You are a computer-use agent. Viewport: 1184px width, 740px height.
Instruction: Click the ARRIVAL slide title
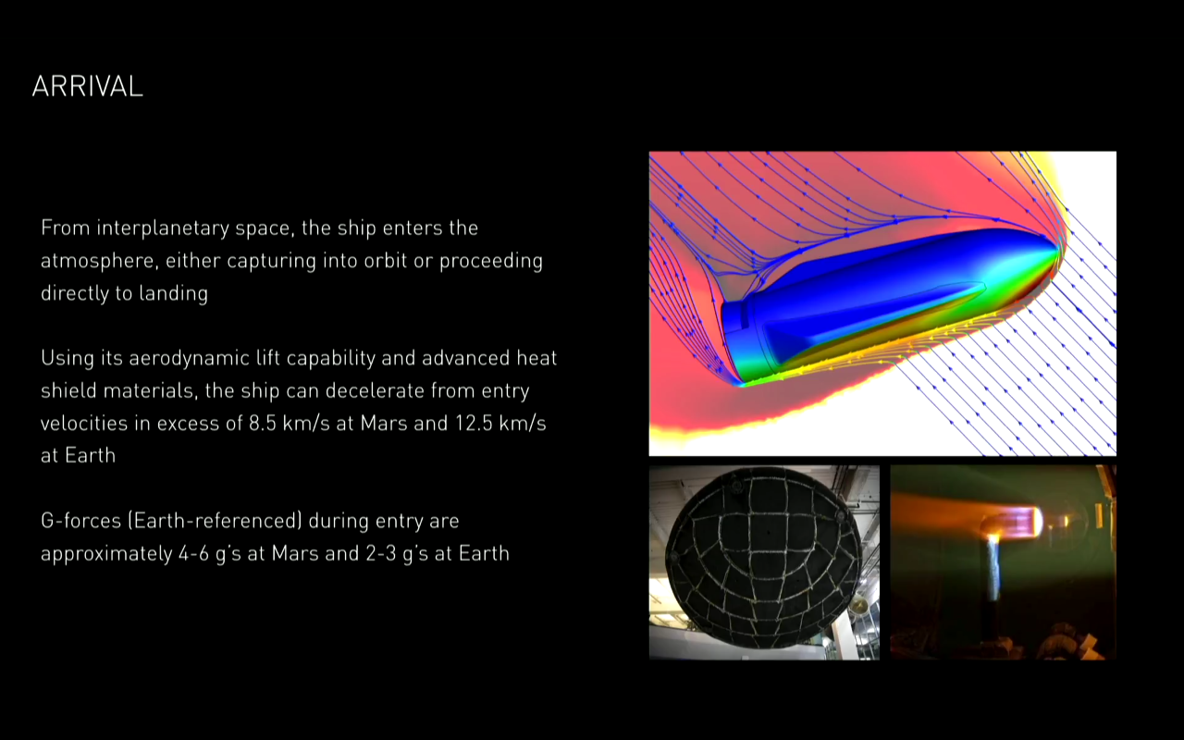coord(87,86)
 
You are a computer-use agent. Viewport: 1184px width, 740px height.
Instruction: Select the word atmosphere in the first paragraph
coord(99,261)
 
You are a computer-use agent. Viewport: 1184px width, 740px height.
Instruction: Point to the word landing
coord(173,294)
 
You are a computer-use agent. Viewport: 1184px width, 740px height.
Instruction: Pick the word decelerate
coord(375,391)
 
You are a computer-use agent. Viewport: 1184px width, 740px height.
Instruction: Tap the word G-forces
coord(80,521)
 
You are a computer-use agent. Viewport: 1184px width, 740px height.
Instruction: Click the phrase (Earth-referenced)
coord(216,521)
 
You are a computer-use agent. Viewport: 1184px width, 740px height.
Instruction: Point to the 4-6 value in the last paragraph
coord(193,554)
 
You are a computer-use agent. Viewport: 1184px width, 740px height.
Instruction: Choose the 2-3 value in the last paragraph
coord(380,554)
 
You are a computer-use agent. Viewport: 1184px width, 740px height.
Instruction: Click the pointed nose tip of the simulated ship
coord(1059,249)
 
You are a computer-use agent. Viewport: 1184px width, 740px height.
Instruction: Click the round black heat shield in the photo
coord(764,561)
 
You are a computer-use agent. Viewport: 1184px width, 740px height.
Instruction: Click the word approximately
coord(106,554)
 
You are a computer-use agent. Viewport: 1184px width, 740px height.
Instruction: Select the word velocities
coord(84,424)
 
